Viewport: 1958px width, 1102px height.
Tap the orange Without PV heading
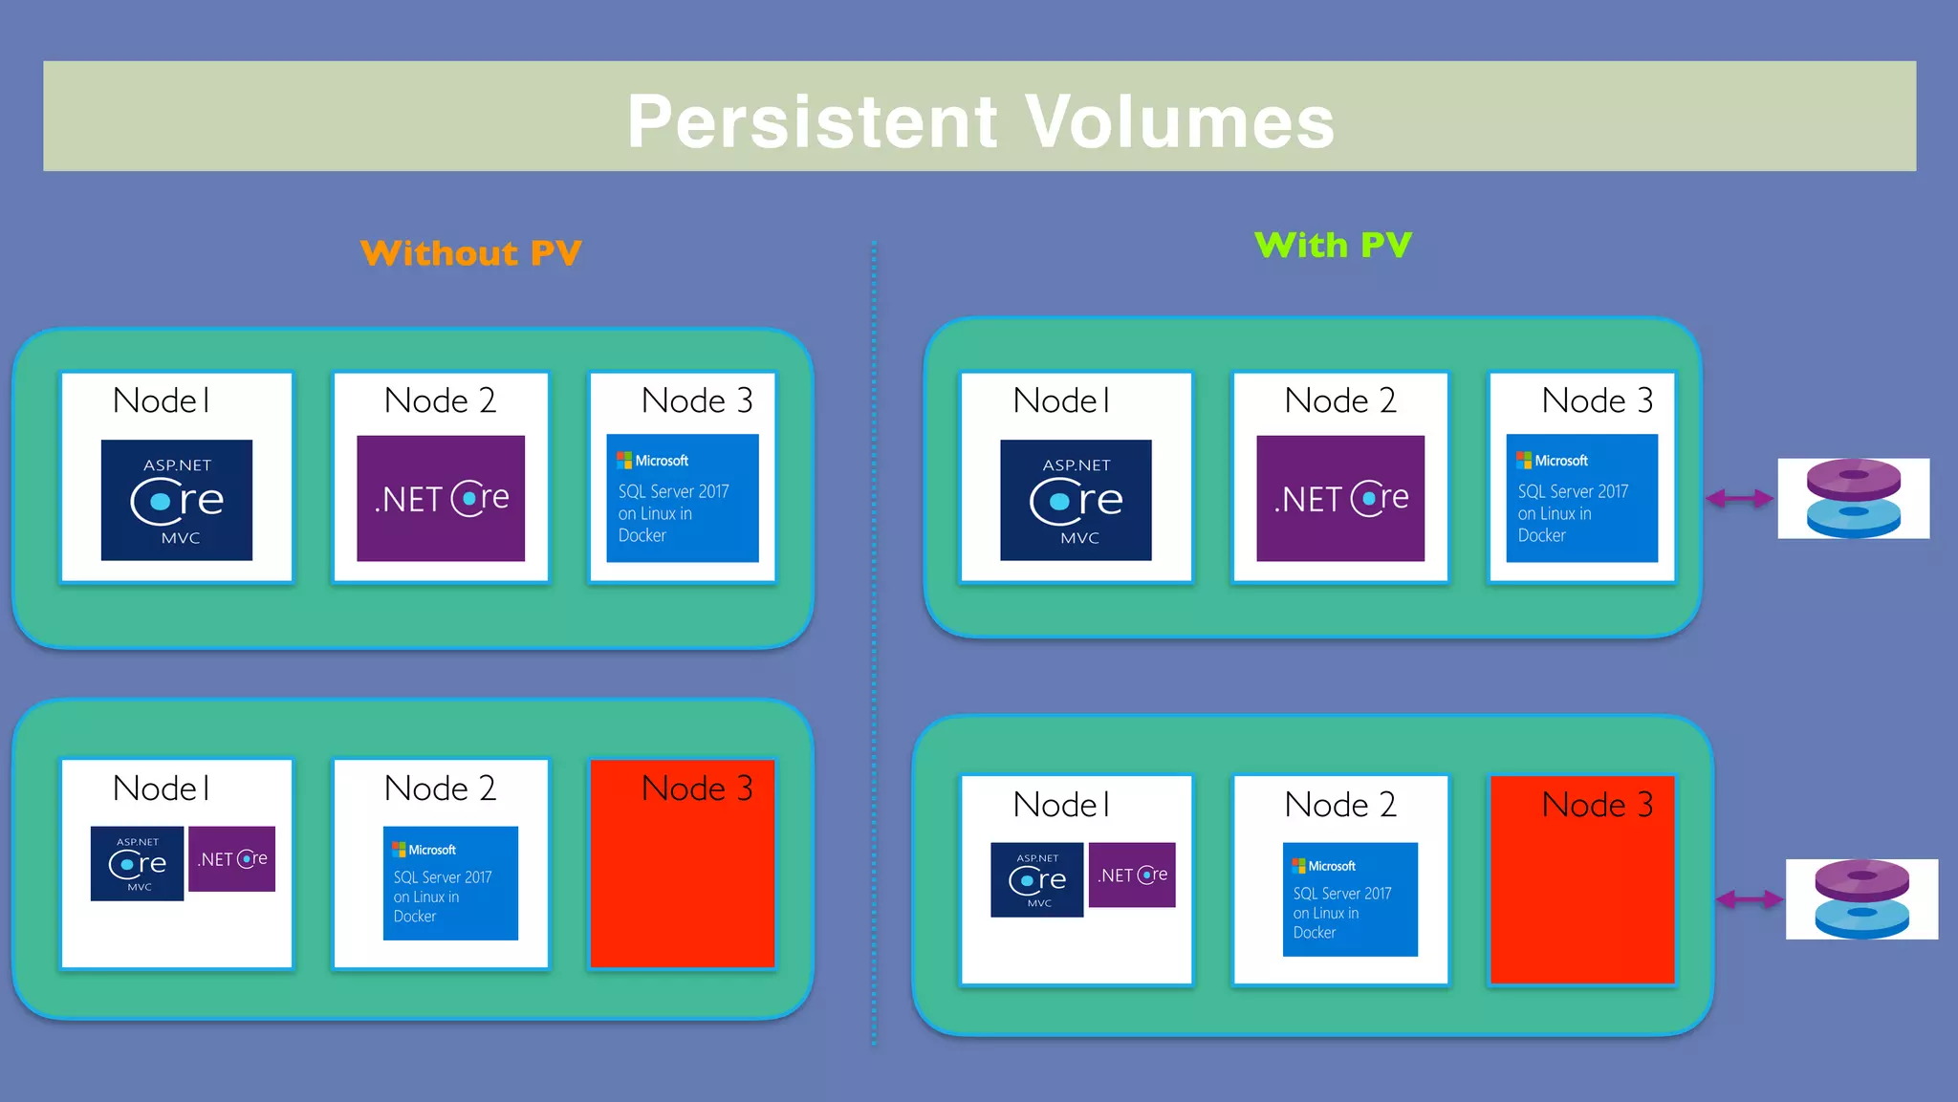pyautogui.click(x=470, y=253)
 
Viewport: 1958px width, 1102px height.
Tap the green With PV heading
pyautogui.click(x=1333, y=246)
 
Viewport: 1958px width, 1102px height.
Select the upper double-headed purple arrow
pyautogui.click(x=1740, y=498)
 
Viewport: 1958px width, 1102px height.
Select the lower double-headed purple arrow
pyautogui.click(x=1749, y=899)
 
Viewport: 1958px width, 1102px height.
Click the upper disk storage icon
pyautogui.click(x=1853, y=498)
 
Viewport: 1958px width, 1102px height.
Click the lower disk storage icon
pyautogui.click(x=1861, y=899)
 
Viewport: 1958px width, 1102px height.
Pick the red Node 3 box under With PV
pyautogui.click(x=1582, y=889)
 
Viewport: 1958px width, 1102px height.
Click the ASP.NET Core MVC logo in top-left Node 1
pyautogui.click(x=177, y=500)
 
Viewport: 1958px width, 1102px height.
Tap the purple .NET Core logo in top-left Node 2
pyautogui.click(x=441, y=498)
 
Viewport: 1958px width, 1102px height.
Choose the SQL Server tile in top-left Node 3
pyautogui.click(x=683, y=498)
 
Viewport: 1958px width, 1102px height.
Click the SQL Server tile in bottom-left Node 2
pyautogui.click(x=450, y=883)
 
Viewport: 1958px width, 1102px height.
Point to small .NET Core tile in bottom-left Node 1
pyautogui.click(x=232, y=859)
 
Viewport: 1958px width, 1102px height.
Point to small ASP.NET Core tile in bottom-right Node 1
pyautogui.click(x=1036, y=879)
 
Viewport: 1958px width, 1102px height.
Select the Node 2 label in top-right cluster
pyautogui.click(x=1340, y=400)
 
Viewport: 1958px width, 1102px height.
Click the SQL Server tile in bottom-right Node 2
pyautogui.click(x=1350, y=899)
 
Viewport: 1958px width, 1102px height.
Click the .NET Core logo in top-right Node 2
pyautogui.click(x=1340, y=498)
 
